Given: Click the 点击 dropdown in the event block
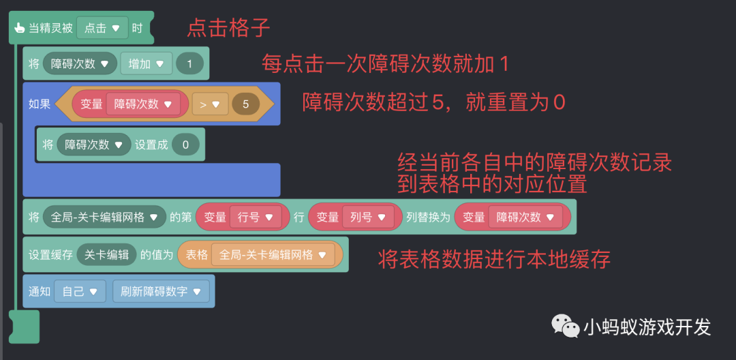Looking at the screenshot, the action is click(x=102, y=28).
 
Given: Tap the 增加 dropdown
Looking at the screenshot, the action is click(x=146, y=64).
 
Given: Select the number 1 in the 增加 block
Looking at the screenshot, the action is click(x=189, y=64).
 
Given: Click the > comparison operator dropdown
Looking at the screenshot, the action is click(x=209, y=104).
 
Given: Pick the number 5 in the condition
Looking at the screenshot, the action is click(x=245, y=104).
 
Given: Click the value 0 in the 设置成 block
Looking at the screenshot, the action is click(x=185, y=145).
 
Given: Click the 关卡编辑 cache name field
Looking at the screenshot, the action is click(x=106, y=254).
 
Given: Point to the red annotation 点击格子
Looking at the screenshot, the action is click(x=229, y=28).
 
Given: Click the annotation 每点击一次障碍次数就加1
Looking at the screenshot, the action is click(x=386, y=64).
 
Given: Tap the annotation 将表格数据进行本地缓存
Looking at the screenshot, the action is click(x=494, y=258).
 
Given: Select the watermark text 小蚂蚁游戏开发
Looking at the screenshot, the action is click(x=647, y=327).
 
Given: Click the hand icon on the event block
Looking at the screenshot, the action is click(x=20, y=29).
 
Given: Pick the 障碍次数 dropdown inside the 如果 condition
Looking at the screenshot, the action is click(x=142, y=104).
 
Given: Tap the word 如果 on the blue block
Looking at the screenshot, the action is click(x=40, y=104).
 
